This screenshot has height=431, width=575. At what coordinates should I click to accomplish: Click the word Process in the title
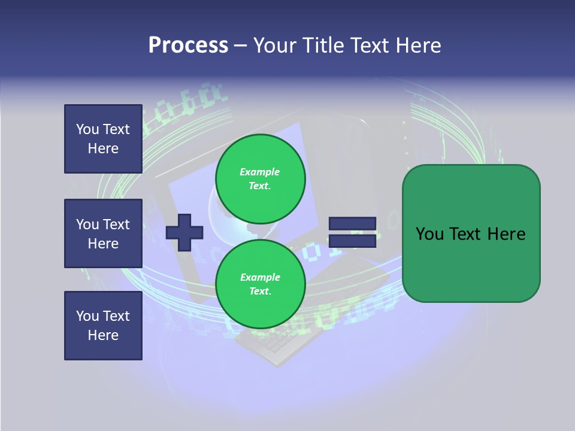[x=188, y=45]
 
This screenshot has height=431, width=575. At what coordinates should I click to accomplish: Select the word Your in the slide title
[x=275, y=45]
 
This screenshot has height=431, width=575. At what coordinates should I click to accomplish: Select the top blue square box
[x=103, y=139]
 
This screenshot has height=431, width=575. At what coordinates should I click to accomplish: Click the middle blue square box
[x=103, y=233]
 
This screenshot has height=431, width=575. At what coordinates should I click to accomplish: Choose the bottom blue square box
[x=103, y=326]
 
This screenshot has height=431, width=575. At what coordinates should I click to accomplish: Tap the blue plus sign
[x=184, y=232]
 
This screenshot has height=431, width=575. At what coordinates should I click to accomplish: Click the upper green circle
[x=260, y=178]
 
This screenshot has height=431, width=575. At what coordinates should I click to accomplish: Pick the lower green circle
[x=260, y=284]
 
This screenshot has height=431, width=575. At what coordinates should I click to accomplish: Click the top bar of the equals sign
[x=352, y=224]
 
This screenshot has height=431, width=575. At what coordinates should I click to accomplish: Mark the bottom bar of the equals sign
[x=352, y=241]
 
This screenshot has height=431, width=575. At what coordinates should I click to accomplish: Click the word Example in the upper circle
[x=259, y=172]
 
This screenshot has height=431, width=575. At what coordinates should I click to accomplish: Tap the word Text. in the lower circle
[x=260, y=292]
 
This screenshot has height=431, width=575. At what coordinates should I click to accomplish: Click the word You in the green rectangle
[x=429, y=234]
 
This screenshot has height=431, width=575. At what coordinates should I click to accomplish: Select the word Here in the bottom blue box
[x=103, y=335]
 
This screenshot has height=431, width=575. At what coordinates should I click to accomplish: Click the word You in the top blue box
[x=87, y=129]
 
